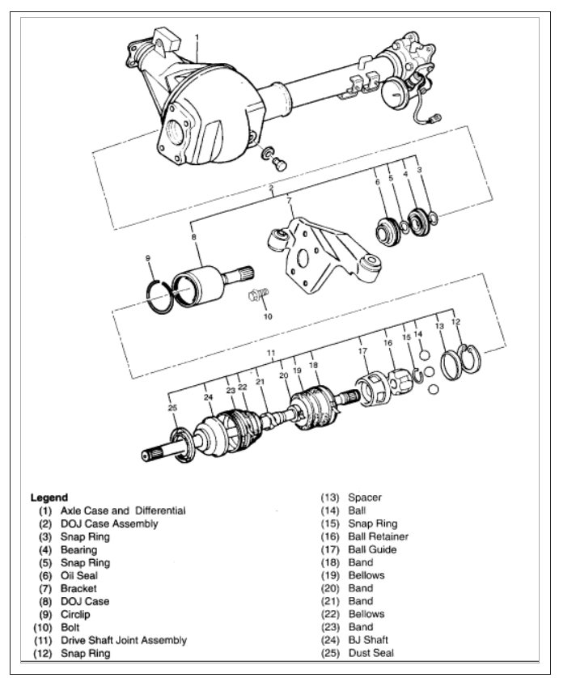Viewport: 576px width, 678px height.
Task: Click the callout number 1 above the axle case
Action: pos(197,37)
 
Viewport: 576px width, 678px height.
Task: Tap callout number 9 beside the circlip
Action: pos(148,258)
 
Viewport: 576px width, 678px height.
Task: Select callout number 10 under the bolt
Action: pos(268,316)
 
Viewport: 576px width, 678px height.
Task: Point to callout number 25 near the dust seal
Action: pos(172,407)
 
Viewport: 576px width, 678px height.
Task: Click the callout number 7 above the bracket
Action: pos(288,199)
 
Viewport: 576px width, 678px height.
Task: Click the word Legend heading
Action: pos(49,498)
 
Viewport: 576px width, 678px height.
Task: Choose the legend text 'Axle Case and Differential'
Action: pos(123,511)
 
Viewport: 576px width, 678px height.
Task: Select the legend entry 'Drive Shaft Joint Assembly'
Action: pos(123,640)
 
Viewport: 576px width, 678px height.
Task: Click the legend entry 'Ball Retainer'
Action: pos(378,536)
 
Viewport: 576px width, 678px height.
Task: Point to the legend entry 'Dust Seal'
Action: pos(371,653)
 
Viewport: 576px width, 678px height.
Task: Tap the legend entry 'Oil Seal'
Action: pos(80,575)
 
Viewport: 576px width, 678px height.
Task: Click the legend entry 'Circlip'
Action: pos(77,614)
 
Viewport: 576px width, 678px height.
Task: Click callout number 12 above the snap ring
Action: pos(455,322)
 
